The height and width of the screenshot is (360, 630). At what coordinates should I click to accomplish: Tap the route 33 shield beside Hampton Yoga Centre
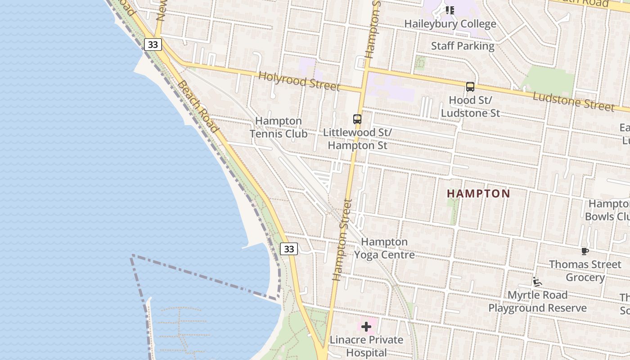coord(289,249)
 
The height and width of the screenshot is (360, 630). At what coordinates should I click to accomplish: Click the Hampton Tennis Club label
coord(279,127)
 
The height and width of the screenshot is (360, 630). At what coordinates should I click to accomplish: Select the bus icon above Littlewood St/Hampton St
coord(357,119)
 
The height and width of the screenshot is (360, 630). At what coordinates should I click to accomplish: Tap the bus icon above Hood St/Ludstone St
coord(470,87)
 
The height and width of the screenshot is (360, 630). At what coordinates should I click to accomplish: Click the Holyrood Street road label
coord(299,81)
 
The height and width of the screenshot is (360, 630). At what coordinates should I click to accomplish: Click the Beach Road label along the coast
coord(198,107)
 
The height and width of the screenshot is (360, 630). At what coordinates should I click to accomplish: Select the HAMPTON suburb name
coord(478,194)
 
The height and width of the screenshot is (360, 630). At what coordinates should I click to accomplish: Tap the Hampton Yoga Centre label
coord(384,248)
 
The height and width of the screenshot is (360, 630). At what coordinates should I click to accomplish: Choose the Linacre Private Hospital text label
coord(366,346)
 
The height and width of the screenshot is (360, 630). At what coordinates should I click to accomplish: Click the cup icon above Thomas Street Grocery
coord(585,251)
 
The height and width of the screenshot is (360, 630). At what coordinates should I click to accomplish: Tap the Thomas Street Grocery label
coord(585,270)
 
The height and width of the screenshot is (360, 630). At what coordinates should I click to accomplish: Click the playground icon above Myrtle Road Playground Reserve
coord(537,282)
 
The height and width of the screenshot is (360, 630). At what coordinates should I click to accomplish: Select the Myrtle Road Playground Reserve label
coord(537,301)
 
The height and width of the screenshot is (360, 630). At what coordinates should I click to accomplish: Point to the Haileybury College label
coord(450,24)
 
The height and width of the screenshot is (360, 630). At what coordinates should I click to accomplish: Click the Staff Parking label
coord(463,46)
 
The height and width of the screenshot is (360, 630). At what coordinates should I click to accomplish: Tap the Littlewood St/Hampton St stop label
coord(357,139)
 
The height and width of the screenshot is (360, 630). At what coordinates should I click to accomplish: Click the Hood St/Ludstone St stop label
coord(470,106)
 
